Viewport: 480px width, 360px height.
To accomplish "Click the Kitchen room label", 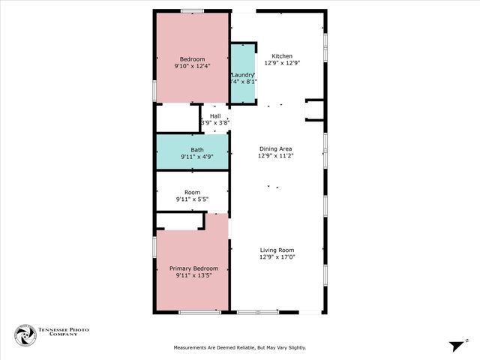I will (282, 56).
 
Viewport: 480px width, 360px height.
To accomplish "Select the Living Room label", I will (277, 250).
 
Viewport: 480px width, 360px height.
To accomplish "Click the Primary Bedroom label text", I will (193, 268).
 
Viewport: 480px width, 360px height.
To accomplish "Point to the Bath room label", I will (196, 150).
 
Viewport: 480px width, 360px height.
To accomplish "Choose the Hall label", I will (215, 116).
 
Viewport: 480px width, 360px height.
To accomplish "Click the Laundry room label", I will (243, 75).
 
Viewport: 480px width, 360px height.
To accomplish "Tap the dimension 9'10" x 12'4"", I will (191, 66).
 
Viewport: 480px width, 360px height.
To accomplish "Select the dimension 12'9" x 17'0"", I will (277, 258).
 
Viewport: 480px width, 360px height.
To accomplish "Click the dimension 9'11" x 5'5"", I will (192, 199).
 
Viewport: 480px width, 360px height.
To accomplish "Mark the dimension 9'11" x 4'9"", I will (196, 157).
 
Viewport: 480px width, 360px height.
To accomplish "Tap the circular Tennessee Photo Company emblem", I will (25, 335).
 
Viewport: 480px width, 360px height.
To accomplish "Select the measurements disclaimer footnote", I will (240, 348).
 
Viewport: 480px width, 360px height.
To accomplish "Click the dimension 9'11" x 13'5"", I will (193, 276).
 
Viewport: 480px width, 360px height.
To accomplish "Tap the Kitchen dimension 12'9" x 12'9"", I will (282, 64).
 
